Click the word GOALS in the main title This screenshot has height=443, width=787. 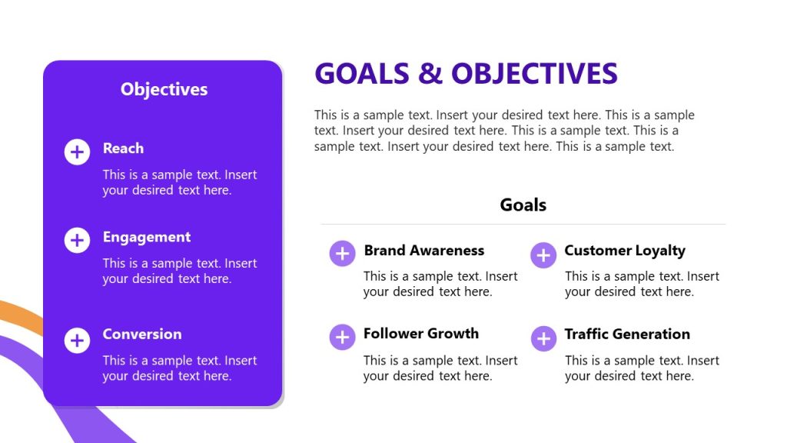[x=361, y=74]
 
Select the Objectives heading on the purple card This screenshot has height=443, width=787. [x=164, y=89]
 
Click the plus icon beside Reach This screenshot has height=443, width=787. [x=77, y=152]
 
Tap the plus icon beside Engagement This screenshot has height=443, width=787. [x=77, y=241]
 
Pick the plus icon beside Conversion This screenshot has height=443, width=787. [x=77, y=339]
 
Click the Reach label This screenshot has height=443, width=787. [x=123, y=148]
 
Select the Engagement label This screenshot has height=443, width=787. [x=146, y=237]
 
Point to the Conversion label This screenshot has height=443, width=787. [x=142, y=334]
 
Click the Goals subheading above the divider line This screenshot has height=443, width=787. [x=523, y=205]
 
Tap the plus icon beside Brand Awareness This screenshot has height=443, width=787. [x=342, y=253]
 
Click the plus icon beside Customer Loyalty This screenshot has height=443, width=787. [x=543, y=255]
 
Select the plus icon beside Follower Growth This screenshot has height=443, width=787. [x=342, y=337]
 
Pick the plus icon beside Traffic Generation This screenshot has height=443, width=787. [x=543, y=338]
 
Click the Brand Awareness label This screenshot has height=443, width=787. [x=423, y=250]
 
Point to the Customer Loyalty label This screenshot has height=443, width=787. [x=624, y=250]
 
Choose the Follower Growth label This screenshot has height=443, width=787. [x=420, y=333]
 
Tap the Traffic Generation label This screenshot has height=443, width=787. [x=626, y=334]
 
